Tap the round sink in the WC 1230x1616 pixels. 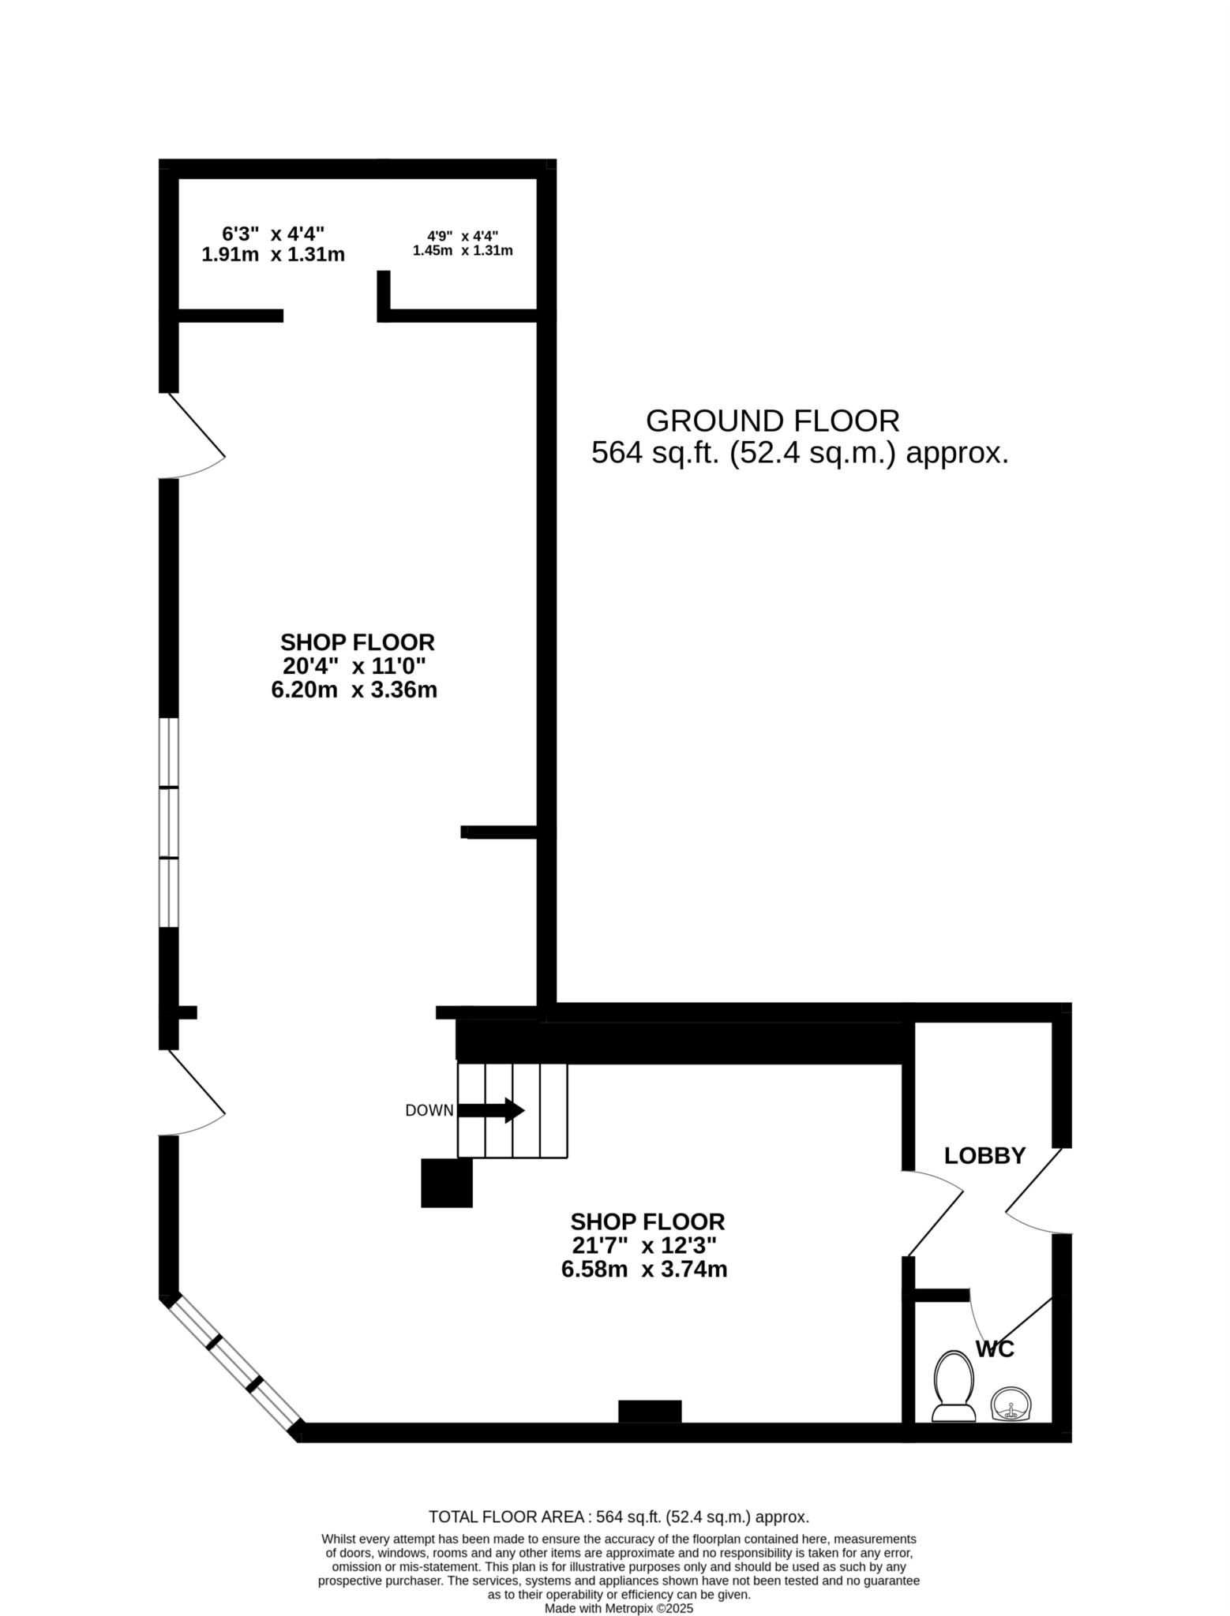[x=1012, y=1405]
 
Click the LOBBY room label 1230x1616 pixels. [x=984, y=1156]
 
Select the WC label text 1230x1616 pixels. [x=995, y=1349]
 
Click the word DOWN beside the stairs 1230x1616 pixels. [x=429, y=1111]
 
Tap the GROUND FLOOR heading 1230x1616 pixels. [x=772, y=421]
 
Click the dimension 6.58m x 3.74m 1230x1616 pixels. [x=643, y=1270]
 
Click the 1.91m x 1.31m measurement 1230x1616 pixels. [x=273, y=255]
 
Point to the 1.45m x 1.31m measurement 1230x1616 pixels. [x=463, y=251]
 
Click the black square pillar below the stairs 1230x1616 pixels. [x=446, y=1183]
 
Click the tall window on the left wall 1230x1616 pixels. [x=169, y=822]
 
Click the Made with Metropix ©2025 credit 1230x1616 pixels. [x=618, y=1608]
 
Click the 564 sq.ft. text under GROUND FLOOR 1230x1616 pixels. [x=800, y=454]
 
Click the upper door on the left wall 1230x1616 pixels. [x=193, y=434]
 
